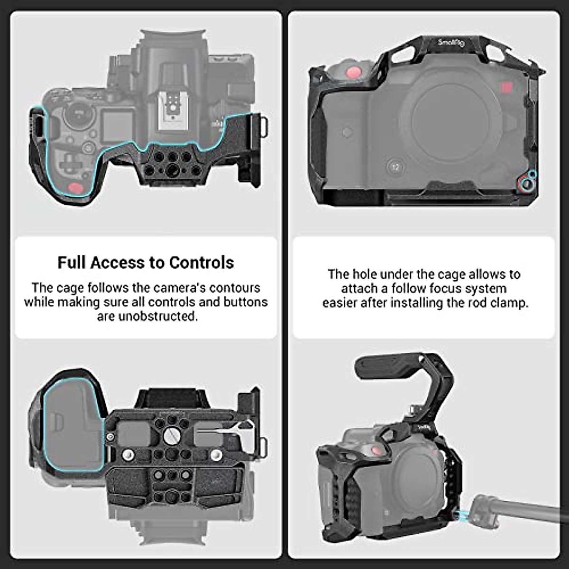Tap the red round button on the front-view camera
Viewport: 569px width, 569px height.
tap(352, 73)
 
